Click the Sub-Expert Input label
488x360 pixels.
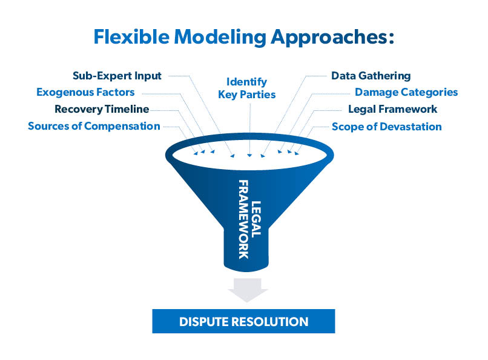click(x=117, y=76)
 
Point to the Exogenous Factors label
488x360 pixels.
click(x=85, y=93)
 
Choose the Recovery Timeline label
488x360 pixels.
click(x=101, y=110)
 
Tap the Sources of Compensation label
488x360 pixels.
click(x=94, y=126)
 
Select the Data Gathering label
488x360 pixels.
click(x=371, y=76)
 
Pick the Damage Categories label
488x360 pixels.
click(x=406, y=93)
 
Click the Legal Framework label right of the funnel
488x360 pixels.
click(x=392, y=110)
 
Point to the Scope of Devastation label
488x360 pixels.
click(x=386, y=127)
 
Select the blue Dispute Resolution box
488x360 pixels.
click(x=243, y=321)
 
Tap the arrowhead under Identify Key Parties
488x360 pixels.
click(x=249, y=156)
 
